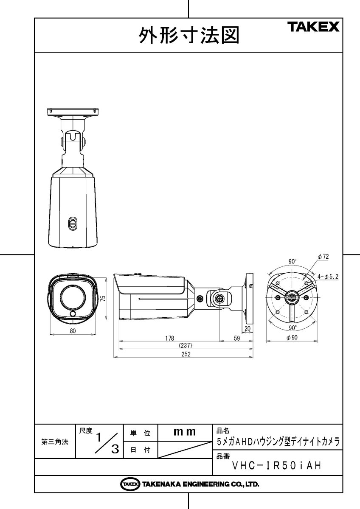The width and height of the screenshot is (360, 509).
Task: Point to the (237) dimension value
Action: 186,346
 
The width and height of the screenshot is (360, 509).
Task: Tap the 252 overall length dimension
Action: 186,354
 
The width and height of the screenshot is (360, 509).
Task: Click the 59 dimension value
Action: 237,338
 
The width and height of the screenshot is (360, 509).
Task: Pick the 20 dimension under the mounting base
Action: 247,329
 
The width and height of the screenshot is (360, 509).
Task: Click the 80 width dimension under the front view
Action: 73,331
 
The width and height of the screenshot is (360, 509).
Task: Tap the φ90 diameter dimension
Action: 292,338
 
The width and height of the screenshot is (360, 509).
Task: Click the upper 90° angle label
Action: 292,262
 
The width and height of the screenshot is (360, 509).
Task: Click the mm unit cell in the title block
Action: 185,432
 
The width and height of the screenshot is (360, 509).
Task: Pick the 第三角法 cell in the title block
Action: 54,442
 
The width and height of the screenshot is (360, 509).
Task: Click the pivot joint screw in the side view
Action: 219,299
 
